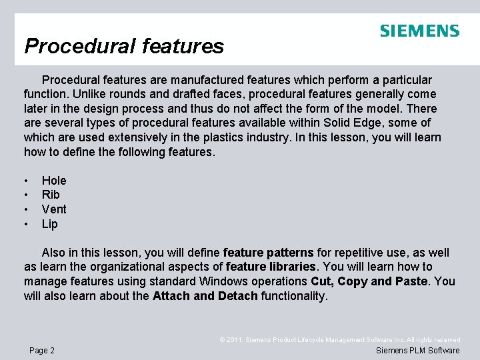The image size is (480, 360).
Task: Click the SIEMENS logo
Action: (x=419, y=31)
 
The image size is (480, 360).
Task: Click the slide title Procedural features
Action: (x=124, y=46)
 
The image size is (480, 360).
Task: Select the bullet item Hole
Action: (x=54, y=181)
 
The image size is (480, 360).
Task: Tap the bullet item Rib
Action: (x=51, y=195)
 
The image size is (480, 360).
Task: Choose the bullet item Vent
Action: (x=54, y=209)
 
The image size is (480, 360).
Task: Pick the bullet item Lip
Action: (x=50, y=224)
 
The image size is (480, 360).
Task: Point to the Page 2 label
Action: (x=42, y=351)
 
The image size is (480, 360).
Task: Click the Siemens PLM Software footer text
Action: (x=417, y=351)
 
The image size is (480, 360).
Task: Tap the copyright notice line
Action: (x=340, y=340)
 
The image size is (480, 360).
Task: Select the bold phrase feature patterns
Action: (x=268, y=253)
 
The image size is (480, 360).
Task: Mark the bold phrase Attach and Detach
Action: (x=205, y=295)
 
